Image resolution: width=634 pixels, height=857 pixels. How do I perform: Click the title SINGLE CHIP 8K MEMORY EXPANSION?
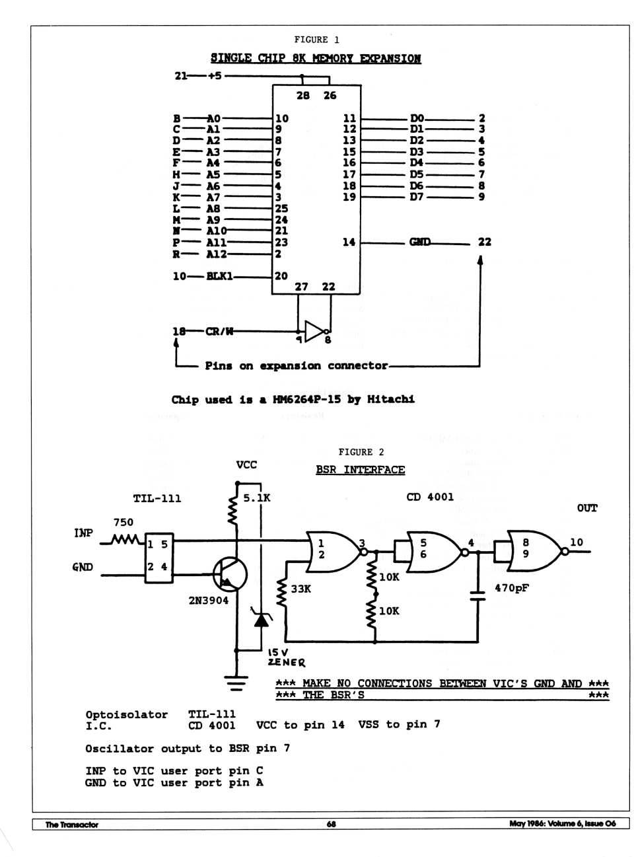(315, 58)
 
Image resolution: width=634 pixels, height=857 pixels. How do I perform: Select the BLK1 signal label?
(219, 276)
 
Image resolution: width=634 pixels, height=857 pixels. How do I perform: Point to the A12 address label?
(216, 254)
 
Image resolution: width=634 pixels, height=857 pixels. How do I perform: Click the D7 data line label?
(416, 197)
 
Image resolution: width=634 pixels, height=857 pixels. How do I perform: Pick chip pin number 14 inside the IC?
(349, 242)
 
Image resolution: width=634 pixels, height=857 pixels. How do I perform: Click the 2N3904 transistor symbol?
(230, 574)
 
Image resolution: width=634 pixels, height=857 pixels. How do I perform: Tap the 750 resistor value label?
(123, 522)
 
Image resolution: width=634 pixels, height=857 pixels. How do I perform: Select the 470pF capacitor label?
(512, 587)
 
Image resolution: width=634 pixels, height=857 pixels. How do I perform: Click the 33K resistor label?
(300, 588)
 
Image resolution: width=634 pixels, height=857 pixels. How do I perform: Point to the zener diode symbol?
(262, 619)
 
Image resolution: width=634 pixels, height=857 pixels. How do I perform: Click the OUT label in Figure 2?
(586, 507)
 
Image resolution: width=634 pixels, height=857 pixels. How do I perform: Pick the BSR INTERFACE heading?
(360, 470)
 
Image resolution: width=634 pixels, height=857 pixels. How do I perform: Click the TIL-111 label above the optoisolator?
(157, 498)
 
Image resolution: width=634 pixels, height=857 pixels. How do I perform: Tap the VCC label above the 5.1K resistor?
(246, 465)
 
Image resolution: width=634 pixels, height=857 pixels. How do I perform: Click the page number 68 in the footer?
(331, 824)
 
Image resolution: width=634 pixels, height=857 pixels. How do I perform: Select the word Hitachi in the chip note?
(390, 399)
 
